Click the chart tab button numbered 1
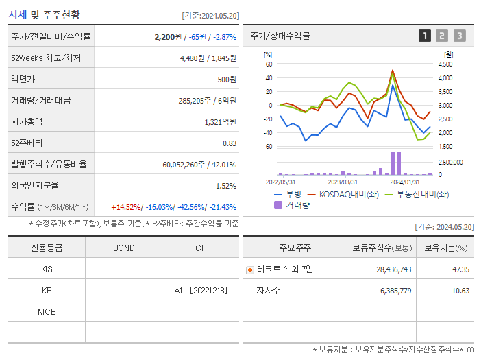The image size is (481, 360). [425, 36]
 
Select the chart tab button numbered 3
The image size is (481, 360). [459, 36]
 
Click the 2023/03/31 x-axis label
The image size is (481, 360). [343, 182]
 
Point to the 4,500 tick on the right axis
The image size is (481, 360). [445, 64]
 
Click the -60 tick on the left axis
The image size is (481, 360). [268, 147]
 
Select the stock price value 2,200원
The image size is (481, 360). [169, 36]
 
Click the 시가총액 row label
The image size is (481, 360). [27, 121]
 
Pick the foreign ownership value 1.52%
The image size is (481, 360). [225, 185]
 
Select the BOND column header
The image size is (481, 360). [123, 248]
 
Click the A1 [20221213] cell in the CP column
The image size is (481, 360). [200, 291]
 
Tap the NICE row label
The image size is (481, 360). [47, 312]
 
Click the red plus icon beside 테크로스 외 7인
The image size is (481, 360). [250, 269]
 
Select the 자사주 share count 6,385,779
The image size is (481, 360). [393, 291]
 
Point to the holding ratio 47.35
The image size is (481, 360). [460, 269]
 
